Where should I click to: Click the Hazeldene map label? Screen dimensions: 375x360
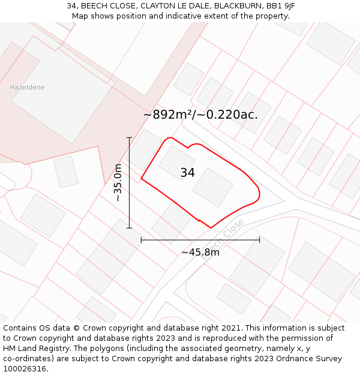point(27,88)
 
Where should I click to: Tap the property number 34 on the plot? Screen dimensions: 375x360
point(187,173)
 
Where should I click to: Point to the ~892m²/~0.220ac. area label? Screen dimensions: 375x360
point(200,115)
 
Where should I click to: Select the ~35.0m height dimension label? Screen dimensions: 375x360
point(118,182)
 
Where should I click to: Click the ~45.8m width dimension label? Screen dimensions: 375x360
point(200,252)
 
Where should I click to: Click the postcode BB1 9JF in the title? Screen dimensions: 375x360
point(281,6)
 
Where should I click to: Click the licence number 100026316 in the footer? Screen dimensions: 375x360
point(24,369)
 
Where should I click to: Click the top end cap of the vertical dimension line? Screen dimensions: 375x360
point(129,137)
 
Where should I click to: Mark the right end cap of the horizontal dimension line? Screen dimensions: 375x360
point(260,240)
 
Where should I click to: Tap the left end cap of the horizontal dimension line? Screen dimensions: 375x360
point(141,240)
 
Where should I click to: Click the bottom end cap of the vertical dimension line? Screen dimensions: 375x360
point(129,228)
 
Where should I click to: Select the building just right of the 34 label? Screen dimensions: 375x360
point(212,187)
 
